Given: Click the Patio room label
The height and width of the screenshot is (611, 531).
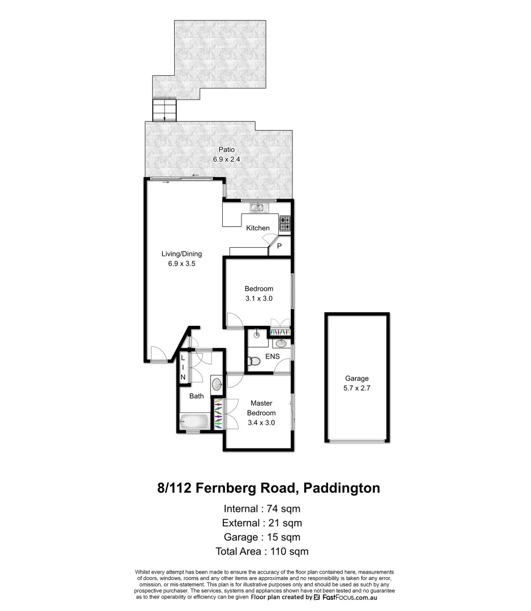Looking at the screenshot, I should pyautogui.click(x=227, y=150).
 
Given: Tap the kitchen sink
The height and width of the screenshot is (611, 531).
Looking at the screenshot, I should pyautogui.click(x=258, y=208).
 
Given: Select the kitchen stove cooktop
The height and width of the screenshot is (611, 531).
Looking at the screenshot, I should pyautogui.click(x=285, y=223).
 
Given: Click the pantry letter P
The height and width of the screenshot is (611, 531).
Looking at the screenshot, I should pyautogui.click(x=279, y=246).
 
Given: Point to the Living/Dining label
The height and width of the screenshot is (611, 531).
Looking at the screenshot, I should pyautogui.click(x=182, y=254).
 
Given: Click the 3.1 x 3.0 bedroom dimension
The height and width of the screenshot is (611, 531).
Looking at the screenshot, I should pyautogui.click(x=258, y=299).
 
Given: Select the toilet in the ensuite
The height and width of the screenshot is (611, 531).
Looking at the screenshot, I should pyautogui.click(x=254, y=361).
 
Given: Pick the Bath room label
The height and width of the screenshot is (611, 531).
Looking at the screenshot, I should pyautogui.click(x=196, y=396).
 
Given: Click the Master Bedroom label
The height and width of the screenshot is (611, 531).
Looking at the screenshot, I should pyautogui.click(x=261, y=408).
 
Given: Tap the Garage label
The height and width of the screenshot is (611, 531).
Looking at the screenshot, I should pyautogui.click(x=357, y=378).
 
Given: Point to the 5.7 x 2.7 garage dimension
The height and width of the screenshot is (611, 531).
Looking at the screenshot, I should pyautogui.click(x=357, y=388).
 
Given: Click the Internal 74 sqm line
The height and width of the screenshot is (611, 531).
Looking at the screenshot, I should pyautogui.click(x=262, y=507).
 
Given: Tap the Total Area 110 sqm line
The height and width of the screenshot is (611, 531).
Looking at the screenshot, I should pyautogui.click(x=262, y=551).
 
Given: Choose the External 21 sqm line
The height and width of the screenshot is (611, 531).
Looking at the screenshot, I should pyautogui.click(x=262, y=522).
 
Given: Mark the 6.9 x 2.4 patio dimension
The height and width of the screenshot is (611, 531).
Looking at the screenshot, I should pyautogui.click(x=227, y=160).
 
